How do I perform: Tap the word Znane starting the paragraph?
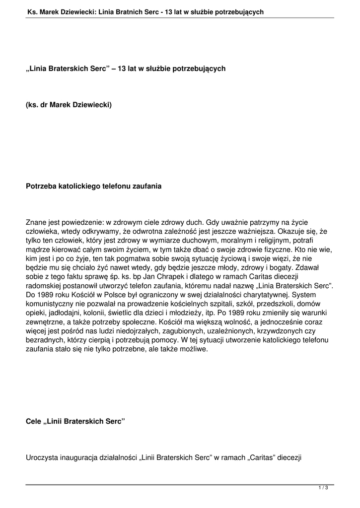36,222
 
